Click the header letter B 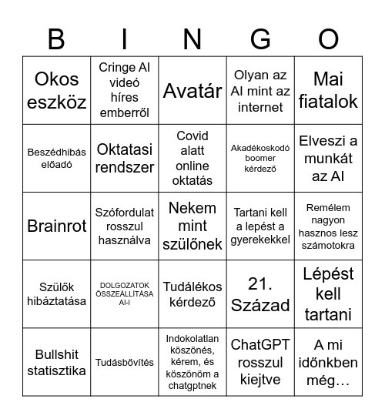[56, 39]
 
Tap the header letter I [124, 39]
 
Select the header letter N [192, 39]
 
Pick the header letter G [260, 39]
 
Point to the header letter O [329, 39]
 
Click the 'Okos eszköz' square [56, 90]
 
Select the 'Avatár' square [192, 90]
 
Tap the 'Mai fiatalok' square [329, 90]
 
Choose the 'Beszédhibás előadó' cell [56, 158]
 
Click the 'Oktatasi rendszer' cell [124, 158]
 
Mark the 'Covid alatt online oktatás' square [192, 158]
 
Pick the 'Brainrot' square [56, 226]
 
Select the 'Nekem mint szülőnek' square [192, 226]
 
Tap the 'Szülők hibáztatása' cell [56, 294]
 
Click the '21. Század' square [260, 294]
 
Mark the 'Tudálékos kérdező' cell [192, 294]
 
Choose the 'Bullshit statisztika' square [56, 363]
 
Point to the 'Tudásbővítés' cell [124, 363]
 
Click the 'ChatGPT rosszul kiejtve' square [260, 363]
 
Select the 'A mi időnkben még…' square [329, 363]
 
